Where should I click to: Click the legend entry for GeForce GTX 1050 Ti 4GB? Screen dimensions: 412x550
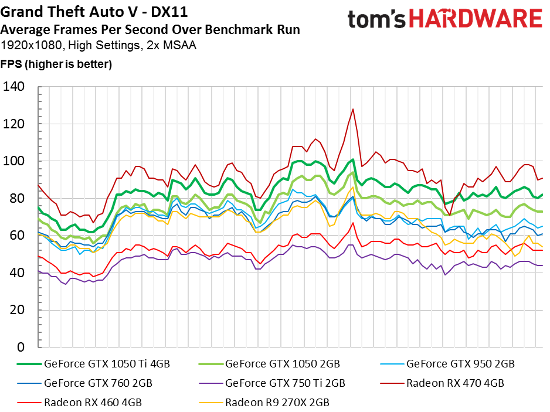coord(107,363)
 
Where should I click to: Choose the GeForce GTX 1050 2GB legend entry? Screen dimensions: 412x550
coord(282,363)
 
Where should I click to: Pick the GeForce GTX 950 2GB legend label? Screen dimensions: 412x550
coord(460,363)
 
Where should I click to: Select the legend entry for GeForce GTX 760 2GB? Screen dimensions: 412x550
coord(98,383)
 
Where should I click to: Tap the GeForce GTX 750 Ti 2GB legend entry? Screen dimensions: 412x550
coord(285,383)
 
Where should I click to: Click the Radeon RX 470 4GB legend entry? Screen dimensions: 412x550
coord(454,383)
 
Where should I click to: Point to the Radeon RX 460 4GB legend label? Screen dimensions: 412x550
coord(93,403)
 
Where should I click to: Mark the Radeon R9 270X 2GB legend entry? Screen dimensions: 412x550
coord(277,403)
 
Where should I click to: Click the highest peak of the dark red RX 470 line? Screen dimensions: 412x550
coord(353,109)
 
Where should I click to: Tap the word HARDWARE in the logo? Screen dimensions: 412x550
coord(476,19)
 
